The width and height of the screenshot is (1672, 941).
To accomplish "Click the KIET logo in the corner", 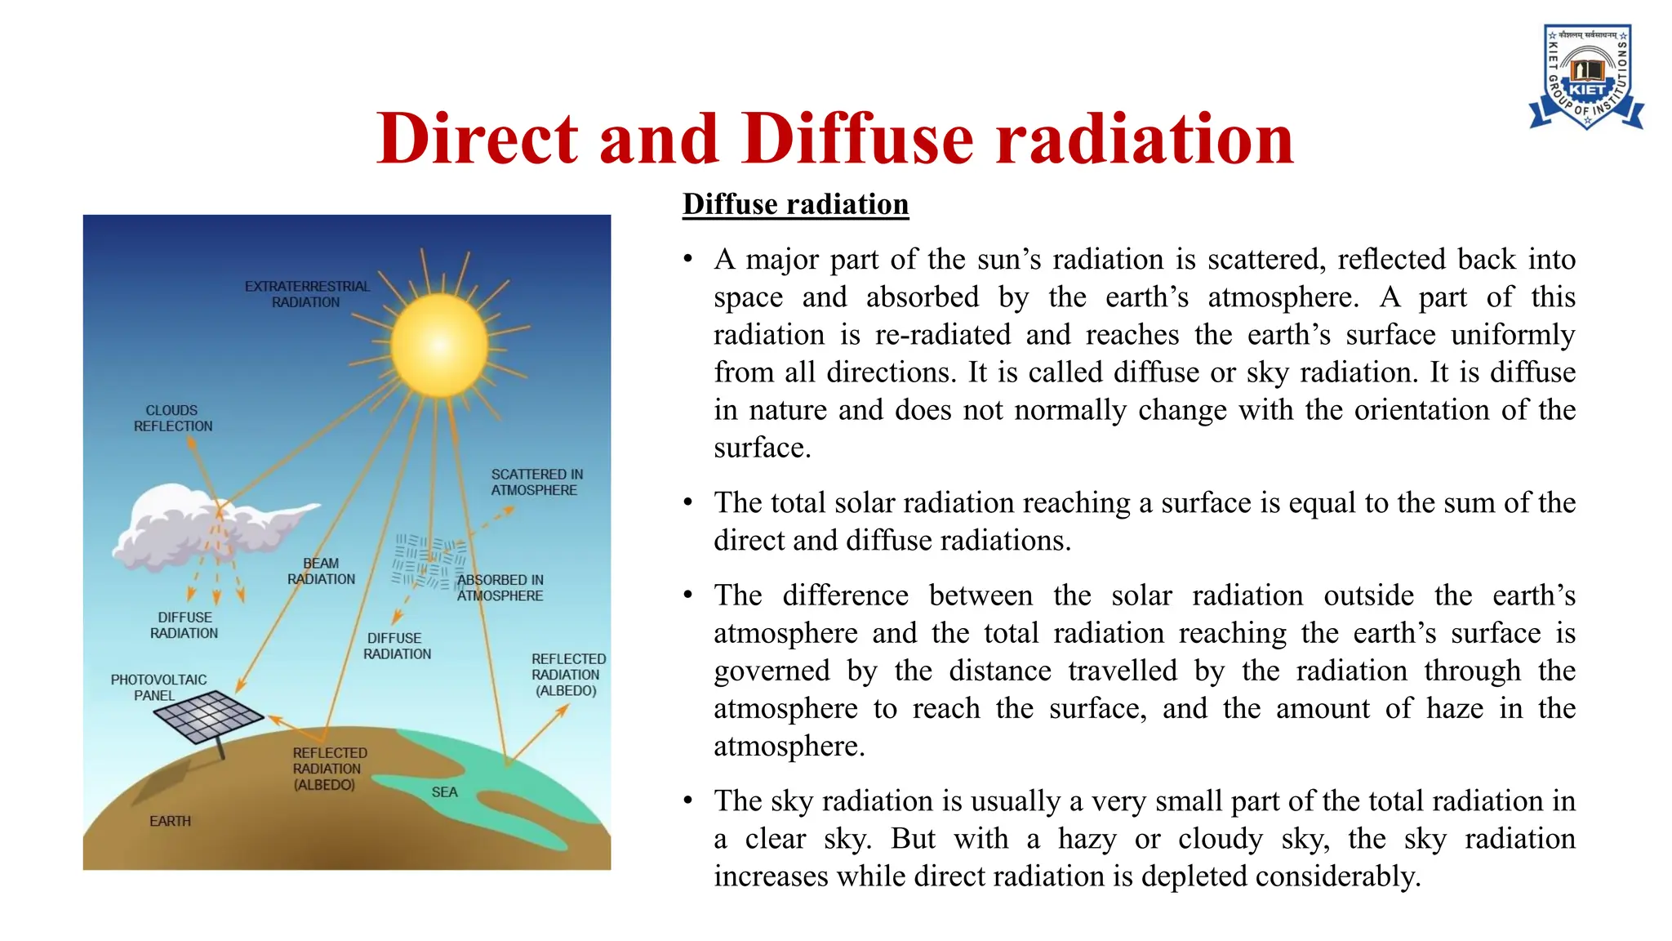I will [1585, 77].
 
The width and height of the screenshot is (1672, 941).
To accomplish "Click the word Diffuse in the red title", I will [858, 138].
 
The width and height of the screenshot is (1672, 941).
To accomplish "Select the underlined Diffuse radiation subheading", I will [795, 204].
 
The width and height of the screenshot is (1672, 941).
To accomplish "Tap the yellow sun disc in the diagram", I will [439, 346].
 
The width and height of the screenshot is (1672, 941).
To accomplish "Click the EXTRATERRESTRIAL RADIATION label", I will [307, 294].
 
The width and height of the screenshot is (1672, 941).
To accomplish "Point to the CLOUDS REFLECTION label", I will [172, 418].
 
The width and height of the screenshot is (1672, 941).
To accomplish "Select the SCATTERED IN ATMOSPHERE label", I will [536, 482].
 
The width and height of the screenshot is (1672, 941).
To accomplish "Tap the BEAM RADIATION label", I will [321, 571].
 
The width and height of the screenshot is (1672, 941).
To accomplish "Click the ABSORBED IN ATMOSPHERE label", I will [500, 587].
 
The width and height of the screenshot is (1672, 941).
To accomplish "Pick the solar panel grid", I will [209, 716].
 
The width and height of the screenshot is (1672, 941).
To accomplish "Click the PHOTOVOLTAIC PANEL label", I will [158, 687].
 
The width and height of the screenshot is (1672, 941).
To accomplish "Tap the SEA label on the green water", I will [444, 792].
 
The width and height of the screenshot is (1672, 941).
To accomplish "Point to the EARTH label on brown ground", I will [170, 821].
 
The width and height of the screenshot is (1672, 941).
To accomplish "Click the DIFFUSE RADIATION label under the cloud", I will [185, 625].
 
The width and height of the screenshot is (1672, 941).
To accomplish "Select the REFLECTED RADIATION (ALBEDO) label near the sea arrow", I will [568, 675].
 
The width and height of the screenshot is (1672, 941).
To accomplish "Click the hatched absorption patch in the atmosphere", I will [429, 562].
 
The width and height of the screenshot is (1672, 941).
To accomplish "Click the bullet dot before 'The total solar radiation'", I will [688, 502].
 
